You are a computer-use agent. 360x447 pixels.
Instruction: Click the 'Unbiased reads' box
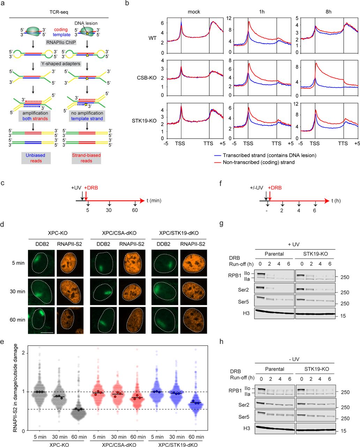[36, 158]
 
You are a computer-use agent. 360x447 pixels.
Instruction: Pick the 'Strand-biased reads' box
[86, 158]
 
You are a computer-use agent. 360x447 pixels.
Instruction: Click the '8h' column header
[328, 12]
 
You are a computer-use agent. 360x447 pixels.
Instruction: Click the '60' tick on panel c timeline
[135, 210]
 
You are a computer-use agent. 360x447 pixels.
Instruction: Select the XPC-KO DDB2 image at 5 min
[42, 262]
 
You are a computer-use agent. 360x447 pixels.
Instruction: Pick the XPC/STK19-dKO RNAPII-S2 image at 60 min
[194, 320]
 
